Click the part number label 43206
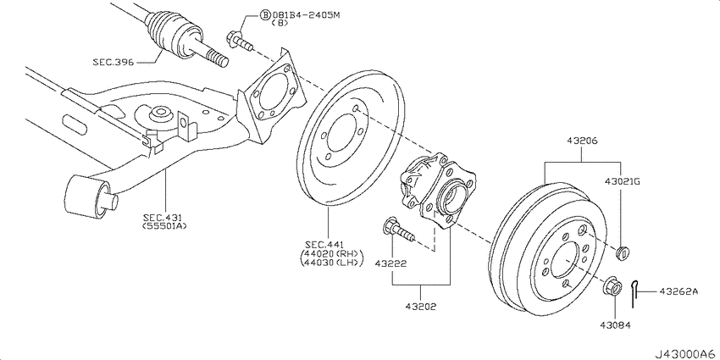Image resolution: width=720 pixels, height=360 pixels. tap(582, 141)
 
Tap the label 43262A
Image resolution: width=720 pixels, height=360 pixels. tap(678, 291)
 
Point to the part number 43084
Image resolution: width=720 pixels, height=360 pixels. tap(615, 325)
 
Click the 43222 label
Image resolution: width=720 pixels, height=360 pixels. tap(390, 263)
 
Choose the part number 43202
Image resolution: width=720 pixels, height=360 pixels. tap(421, 306)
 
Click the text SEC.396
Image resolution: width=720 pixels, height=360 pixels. tap(114, 62)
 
